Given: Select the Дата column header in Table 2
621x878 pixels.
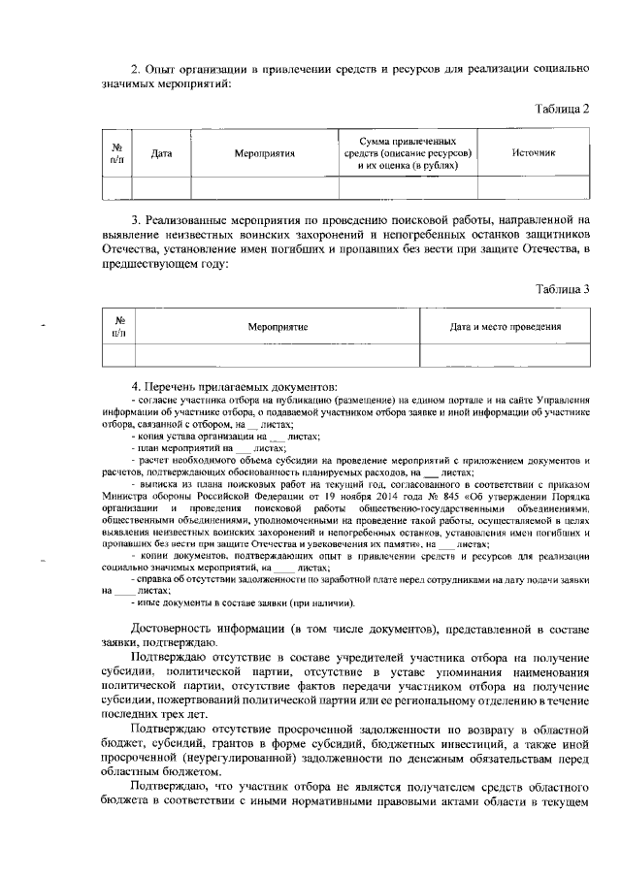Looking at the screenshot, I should coord(162,154).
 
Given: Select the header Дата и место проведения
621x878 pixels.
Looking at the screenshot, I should coord(505,328).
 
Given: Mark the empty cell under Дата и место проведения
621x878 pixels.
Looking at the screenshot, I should coord(505,355).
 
